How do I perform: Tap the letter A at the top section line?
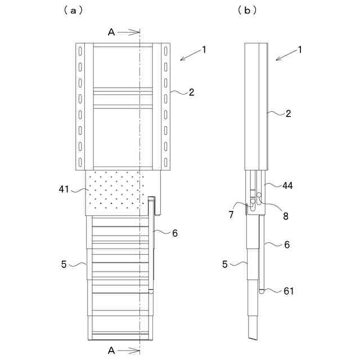[x=111, y=33]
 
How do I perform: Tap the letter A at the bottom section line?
[x=111, y=350]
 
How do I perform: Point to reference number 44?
[x=287, y=185]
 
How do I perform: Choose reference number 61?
[x=288, y=291]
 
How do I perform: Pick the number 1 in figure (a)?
[x=204, y=49]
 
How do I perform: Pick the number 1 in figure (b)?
[x=300, y=49]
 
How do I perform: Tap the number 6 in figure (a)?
[x=175, y=233]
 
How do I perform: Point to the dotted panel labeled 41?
[x=115, y=191]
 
